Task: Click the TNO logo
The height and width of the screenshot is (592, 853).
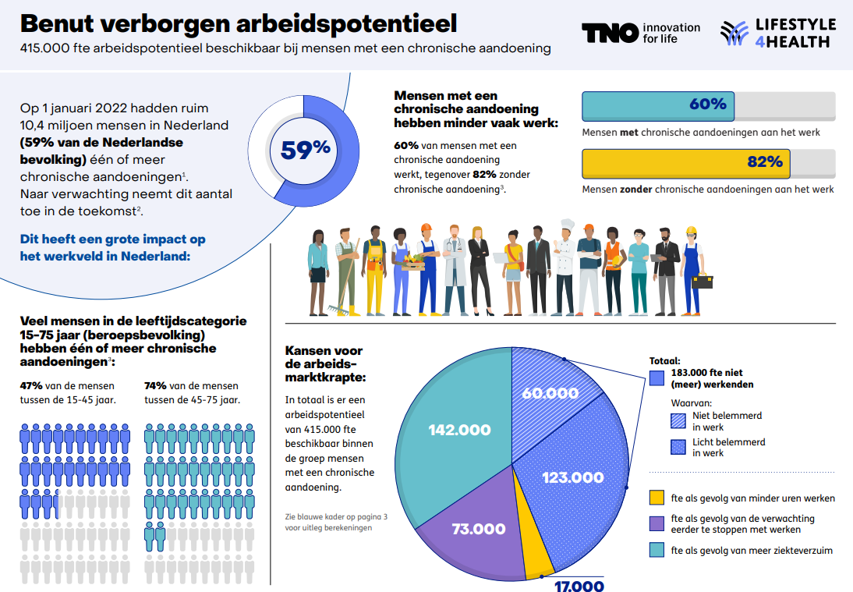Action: pyautogui.click(x=608, y=33)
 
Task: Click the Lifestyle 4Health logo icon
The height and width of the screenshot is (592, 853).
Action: pyautogui.click(x=734, y=33)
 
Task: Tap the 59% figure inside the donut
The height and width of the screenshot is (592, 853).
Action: pyautogui.click(x=306, y=150)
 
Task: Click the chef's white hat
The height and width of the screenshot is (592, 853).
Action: pyautogui.click(x=567, y=226)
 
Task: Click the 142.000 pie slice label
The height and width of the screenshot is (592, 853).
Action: pyautogui.click(x=459, y=430)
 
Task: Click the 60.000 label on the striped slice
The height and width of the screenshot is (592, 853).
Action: pyautogui.click(x=550, y=393)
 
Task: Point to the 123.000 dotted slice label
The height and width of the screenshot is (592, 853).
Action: pyautogui.click(x=573, y=477)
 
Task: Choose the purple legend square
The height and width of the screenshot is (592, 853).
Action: pyautogui.click(x=657, y=523)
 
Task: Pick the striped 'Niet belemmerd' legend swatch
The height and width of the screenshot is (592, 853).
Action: pyautogui.click(x=657, y=421)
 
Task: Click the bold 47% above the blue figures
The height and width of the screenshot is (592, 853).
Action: pyautogui.click(x=30, y=386)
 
